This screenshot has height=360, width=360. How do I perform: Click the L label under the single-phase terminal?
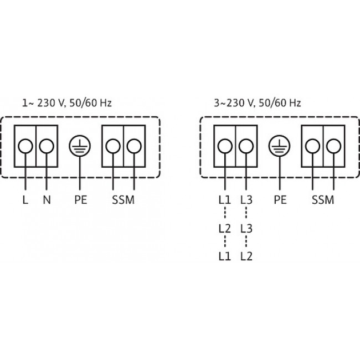click(25, 200)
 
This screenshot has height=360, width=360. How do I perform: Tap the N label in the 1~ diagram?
click(47, 200)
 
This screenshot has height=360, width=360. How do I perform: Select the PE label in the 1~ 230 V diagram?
click(80, 200)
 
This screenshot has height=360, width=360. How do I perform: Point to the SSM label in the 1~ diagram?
click(123, 200)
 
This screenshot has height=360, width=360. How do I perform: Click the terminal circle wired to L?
click(25, 146)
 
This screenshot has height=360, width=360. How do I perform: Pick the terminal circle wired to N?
click(47, 146)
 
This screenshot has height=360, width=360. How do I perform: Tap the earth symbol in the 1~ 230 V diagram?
click(80, 146)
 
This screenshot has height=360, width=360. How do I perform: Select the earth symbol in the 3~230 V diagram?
click(280, 146)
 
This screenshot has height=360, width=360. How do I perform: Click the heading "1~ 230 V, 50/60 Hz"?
click(67, 102)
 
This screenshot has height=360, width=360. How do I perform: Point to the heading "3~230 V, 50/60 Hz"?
click(258, 102)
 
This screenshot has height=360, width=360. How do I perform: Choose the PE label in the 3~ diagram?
click(280, 200)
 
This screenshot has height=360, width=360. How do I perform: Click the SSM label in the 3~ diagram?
click(323, 200)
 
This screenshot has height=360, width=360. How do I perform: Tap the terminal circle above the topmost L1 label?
click(225, 146)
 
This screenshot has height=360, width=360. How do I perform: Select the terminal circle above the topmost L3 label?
click(246, 146)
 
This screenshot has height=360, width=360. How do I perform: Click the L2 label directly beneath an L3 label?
click(246, 256)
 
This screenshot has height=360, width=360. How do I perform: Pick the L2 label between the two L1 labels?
click(224, 228)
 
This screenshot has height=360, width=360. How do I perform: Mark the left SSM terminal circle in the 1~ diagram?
click(113, 146)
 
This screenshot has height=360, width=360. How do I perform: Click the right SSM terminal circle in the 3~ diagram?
click(333, 146)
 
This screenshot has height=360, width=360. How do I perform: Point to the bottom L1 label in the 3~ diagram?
click(224, 256)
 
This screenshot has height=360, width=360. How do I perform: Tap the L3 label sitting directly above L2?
click(246, 228)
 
